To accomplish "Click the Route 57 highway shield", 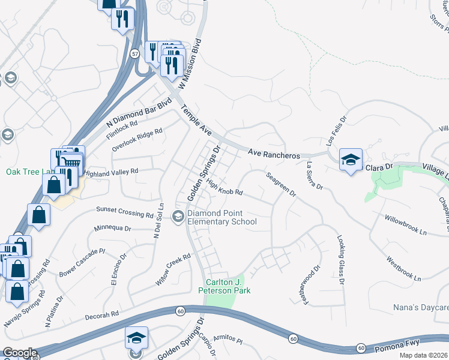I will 135,54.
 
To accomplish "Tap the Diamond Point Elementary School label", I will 221,217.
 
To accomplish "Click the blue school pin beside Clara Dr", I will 351,160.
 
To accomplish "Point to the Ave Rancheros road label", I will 274,154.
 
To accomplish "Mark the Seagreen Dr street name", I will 281,185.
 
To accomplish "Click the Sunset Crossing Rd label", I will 125,212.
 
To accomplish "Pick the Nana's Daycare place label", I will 420,307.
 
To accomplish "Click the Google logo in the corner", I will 19,353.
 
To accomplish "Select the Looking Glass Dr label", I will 340,259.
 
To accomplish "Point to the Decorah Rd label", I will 102,315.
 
